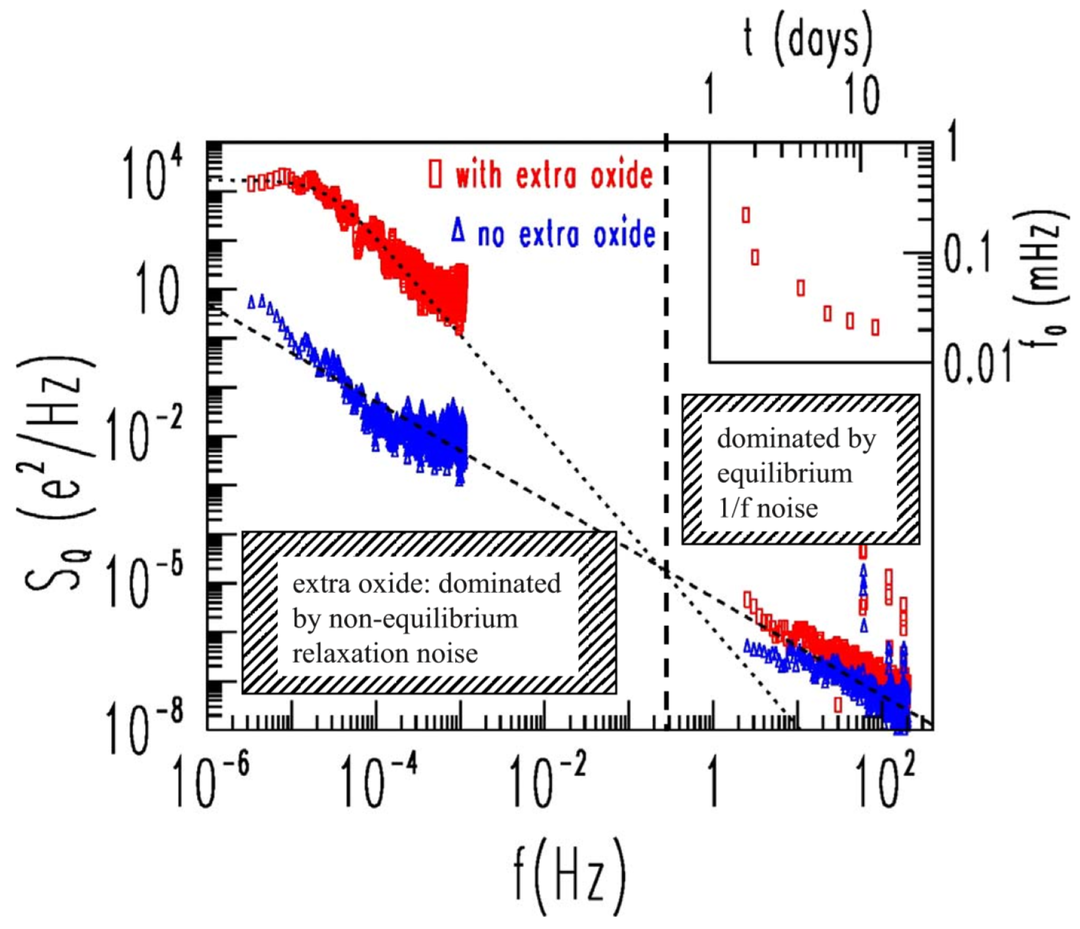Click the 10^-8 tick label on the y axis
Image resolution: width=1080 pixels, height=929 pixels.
click(145, 729)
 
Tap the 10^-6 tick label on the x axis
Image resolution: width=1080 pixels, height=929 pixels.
click(211, 781)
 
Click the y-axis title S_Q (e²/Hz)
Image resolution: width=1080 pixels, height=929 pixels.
click(58, 475)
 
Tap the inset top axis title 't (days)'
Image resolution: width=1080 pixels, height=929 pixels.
click(808, 40)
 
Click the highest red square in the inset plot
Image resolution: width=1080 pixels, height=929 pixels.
click(746, 215)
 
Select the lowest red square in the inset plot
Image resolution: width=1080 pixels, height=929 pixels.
click(876, 328)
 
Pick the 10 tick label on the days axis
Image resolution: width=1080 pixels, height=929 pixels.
click(863, 96)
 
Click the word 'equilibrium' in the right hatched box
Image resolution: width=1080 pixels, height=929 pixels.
click(784, 474)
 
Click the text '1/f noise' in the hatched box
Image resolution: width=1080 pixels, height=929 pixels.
click(768, 508)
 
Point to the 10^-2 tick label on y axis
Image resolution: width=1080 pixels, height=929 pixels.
click(145, 435)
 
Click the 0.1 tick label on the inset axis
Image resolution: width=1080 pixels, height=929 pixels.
click(967, 252)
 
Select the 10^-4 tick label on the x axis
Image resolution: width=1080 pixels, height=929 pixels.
click(380, 781)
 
